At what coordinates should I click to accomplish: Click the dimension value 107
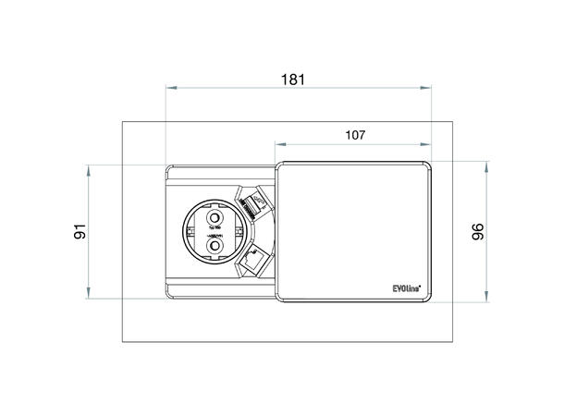coord(355,135)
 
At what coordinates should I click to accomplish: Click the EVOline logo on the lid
coord(405,289)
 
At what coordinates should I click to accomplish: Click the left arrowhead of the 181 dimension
coord(168,89)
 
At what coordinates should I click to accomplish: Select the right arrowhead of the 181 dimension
coord(430,89)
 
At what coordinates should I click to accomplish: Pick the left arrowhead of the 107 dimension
coord(278,145)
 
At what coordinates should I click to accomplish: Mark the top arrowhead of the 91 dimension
coord(90,167)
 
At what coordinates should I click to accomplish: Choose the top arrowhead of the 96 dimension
coord(487,164)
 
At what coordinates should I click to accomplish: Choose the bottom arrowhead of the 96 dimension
coord(487,300)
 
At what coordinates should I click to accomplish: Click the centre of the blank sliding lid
coord(355,231)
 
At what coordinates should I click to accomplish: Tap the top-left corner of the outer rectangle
coord(123,120)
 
